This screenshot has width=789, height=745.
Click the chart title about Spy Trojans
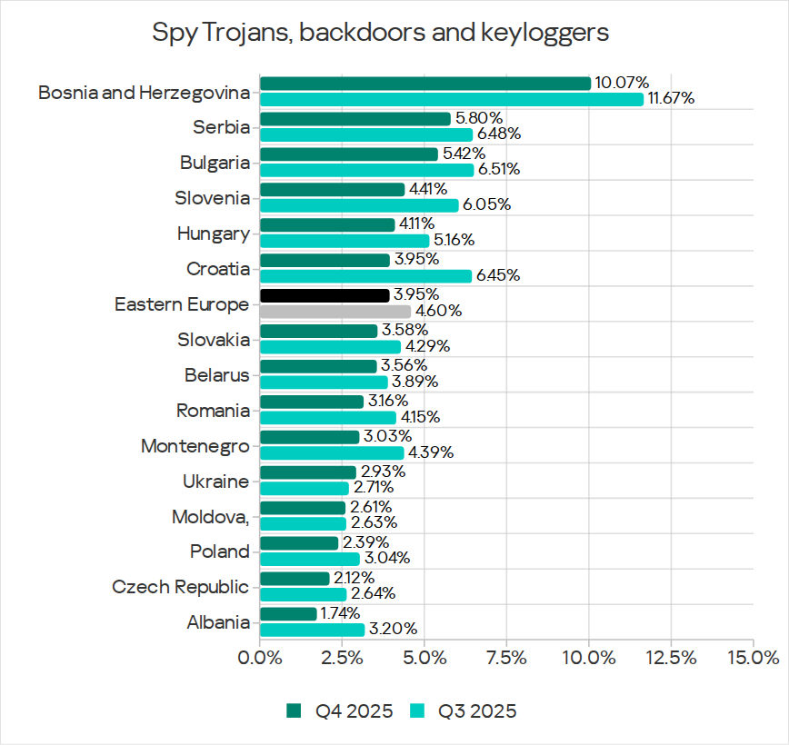380,33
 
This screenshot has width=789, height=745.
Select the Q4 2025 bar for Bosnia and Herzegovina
425,84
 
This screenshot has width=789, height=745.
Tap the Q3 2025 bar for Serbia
366,134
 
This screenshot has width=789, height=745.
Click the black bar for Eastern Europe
325,295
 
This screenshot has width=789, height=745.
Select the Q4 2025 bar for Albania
288,614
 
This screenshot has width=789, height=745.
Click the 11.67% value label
671,99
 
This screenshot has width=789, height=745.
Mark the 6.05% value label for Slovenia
486,205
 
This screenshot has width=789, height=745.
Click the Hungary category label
213,233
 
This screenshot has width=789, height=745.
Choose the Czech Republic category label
180,587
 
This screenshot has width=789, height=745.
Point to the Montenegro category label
195,446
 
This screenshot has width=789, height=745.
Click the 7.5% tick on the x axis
506,657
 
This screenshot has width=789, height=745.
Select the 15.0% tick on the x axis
753,657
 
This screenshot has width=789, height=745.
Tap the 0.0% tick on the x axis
261,657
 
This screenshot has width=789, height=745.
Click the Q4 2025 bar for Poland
299,543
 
